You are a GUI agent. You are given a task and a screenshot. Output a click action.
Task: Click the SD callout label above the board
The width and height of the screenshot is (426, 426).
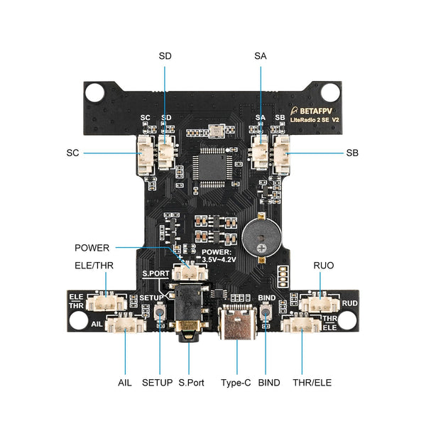pos(165,55)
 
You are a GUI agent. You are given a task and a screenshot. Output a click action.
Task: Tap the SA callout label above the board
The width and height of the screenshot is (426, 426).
pos(260,55)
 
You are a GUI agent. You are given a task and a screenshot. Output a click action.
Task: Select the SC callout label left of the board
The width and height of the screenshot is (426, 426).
pos(72,153)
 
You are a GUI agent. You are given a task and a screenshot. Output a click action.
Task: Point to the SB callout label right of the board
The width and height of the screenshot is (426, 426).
pos(353,153)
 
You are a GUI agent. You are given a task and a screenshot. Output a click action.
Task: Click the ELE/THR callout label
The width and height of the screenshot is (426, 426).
pos(94,266)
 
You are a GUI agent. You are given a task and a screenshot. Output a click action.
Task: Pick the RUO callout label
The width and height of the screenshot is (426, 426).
pos(324,266)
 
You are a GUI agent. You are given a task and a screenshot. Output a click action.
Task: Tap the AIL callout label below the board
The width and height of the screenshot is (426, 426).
pos(125,383)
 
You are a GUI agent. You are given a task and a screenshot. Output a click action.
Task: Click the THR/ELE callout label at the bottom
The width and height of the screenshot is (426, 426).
pos(312,383)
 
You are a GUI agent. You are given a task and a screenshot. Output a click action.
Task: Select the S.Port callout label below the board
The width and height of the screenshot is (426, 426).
pos(192,383)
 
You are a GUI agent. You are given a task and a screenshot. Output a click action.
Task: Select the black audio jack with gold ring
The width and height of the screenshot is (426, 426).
pos(188,312)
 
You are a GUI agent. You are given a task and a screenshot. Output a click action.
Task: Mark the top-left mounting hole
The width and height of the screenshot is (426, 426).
pos(97,92)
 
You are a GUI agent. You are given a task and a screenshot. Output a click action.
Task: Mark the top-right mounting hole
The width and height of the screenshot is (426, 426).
pos(329,92)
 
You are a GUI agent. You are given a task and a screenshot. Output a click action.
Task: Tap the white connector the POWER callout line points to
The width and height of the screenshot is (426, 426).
pos(190,271)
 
